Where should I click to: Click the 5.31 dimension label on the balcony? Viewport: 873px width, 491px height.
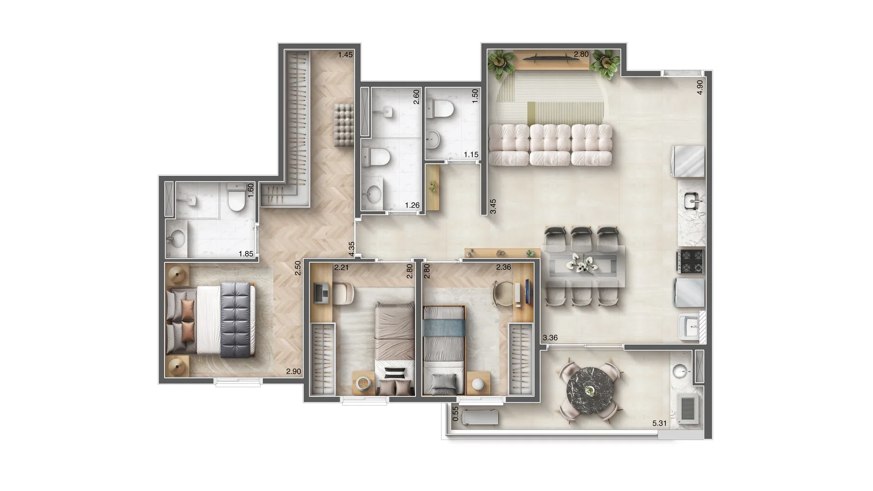[x=659, y=423]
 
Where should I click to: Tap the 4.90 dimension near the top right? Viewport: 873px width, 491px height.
[x=700, y=87]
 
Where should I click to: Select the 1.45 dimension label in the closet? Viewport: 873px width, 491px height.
[x=345, y=55]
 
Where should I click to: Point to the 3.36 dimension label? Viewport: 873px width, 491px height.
[x=550, y=338]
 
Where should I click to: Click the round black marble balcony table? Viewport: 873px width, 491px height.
[x=590, y=390]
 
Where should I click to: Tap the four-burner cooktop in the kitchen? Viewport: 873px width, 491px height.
[x=691, y=261]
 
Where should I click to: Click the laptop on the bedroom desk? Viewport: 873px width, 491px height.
[x=321, y=293]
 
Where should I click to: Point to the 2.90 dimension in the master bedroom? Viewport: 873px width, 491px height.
[x=293, y=371]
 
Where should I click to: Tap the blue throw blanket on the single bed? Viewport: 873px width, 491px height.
[x=443, y=327]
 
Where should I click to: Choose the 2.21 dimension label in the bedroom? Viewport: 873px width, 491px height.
[x=341, y=267]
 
